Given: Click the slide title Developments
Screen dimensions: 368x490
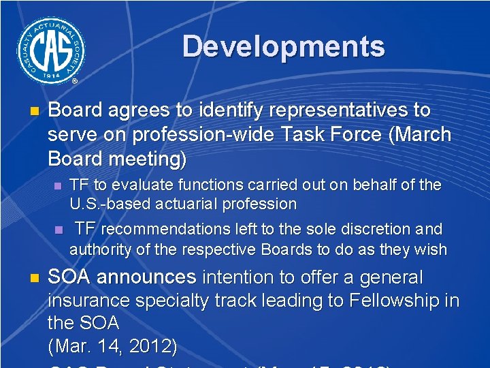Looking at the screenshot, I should pos(283,47).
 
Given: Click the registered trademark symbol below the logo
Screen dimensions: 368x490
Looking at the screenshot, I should pos(74,80).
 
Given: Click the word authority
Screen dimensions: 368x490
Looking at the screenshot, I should pos(101,249).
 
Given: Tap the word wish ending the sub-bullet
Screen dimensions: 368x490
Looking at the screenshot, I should pos(430,249).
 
